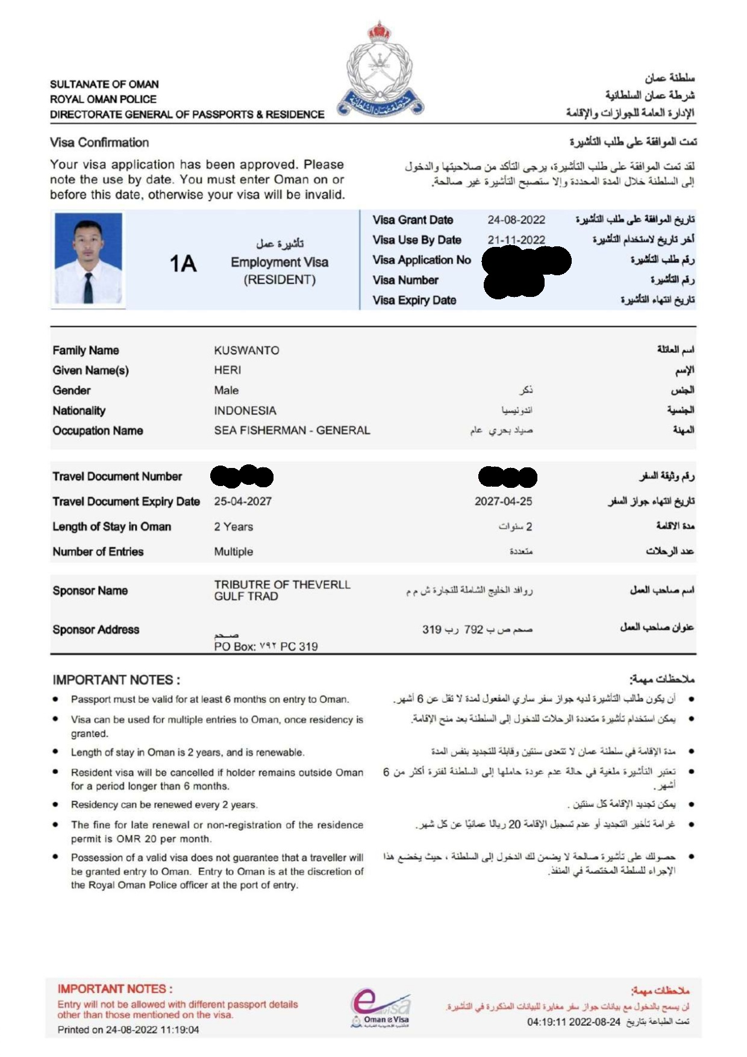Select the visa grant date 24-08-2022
click(516, 220)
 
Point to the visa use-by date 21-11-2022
click(516, 240)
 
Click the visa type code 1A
click(183, 264)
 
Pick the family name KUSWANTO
click(246, 351)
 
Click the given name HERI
click(228, 370)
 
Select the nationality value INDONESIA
click(245, 411)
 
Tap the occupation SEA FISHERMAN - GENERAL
click(292, 431)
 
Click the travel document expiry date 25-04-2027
click(243, 501)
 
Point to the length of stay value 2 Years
click(234, 527)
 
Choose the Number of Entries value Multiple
click(234, 552)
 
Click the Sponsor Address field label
click(96, 630)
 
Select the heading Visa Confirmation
click(99, 143)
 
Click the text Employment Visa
click(280, 263)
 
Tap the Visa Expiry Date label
click(414, 301)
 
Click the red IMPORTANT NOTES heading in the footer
click(115, 989)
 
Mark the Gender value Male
click(227, 390)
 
